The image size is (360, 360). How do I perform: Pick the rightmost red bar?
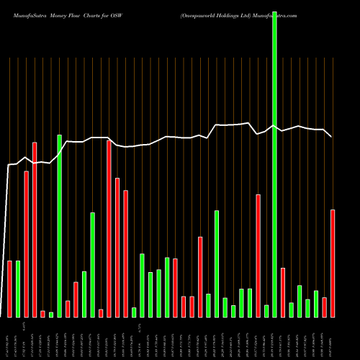[x=333, y=263]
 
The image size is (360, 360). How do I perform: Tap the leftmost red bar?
[x=10, y=288]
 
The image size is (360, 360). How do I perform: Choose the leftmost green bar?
[x=18, y=288]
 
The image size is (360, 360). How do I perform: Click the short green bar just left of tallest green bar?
[x=266, y=310]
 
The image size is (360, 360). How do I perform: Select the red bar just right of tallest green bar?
[x=283, y=292]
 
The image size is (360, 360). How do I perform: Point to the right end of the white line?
[x=331, y=136]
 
